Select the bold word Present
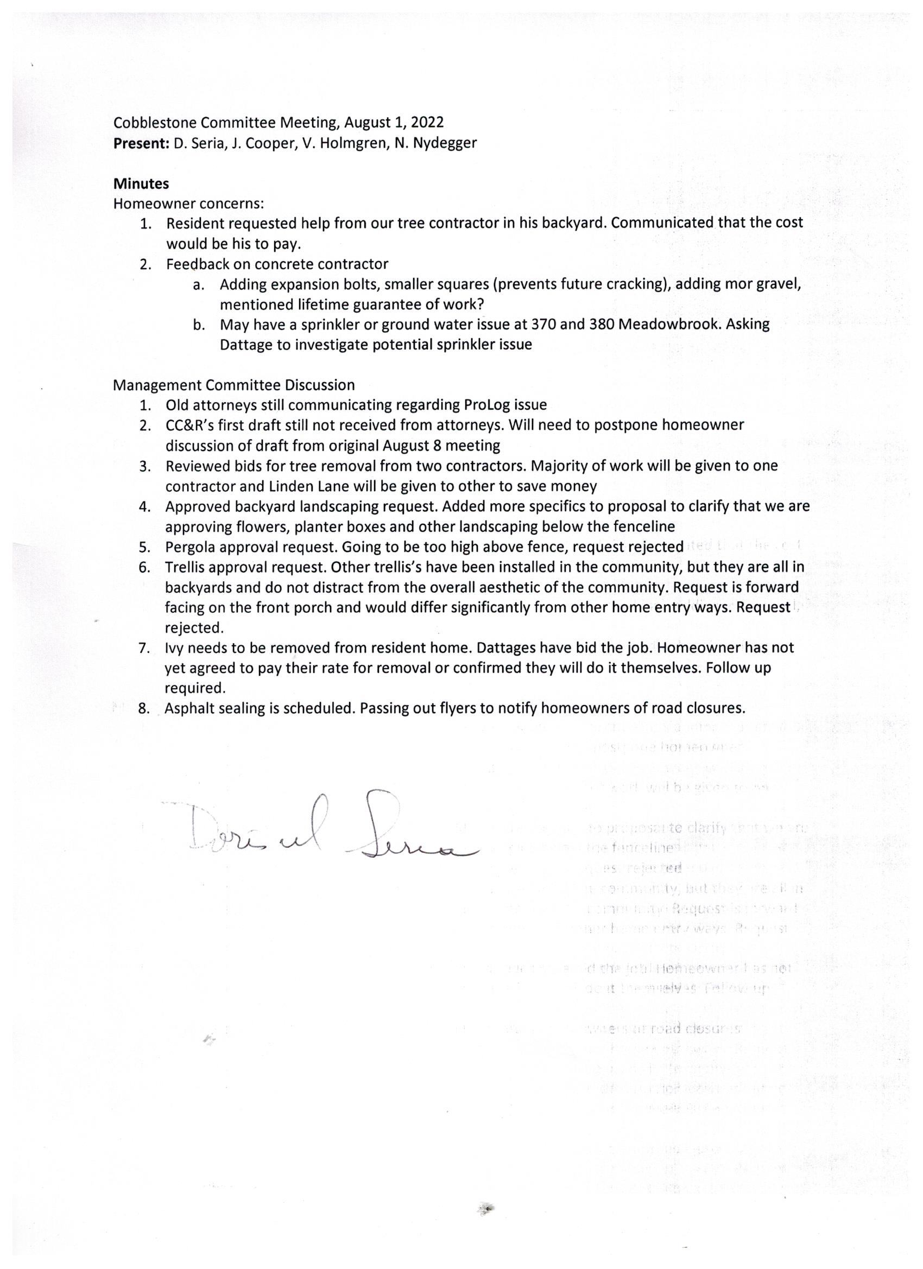click(x=141, y=143)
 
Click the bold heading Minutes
click(x=141, y=183)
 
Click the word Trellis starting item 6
click(x=187, y=567)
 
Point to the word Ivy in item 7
click(x=174, y=648)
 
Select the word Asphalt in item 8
click(x=191, y=708)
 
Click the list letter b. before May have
click(x=198, y=325)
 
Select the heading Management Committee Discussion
click(x=233, y=385)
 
